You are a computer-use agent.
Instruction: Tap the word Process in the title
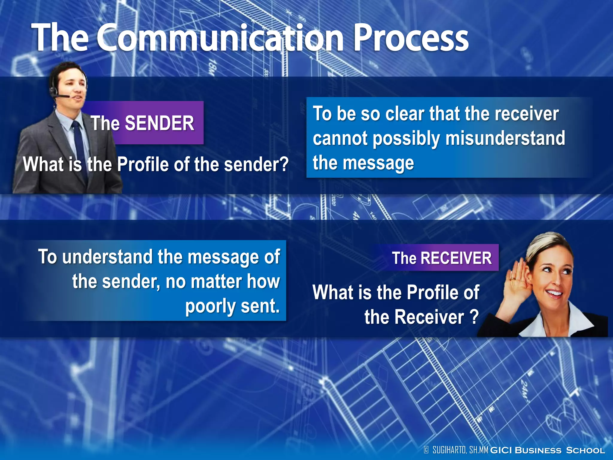(x=411, y=39)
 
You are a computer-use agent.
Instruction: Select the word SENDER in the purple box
(x=159, y=123)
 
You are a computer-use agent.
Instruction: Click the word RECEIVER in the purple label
(x=456, y=258)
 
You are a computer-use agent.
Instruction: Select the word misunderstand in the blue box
(x=505, y=138)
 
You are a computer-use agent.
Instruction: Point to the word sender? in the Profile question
(x=256, y=164)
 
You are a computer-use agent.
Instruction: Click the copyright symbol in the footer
(x=426, y=450)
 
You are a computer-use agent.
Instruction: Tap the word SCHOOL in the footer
(x=585, y=450)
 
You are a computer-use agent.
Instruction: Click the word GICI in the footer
(x=501, y=450)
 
